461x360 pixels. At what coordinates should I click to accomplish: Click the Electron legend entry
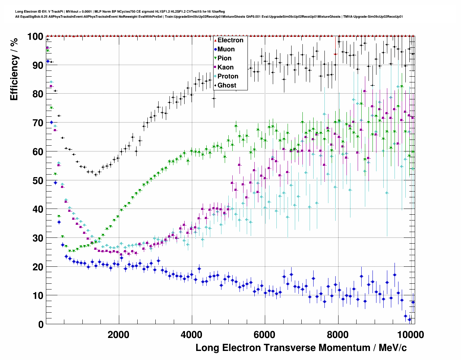pos(230,40)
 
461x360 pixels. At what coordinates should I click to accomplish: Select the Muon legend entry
pos(226,49)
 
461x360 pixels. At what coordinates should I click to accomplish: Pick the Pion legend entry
pos(224,58)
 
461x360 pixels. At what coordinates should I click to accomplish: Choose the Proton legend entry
pos(228,76)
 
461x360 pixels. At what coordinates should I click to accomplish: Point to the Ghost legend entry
pos(227,85)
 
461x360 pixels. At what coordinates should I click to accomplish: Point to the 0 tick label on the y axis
pos(41,324)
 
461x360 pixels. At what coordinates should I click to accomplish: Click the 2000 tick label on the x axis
pos(119,334)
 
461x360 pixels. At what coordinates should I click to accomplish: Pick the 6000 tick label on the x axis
pos(265,334)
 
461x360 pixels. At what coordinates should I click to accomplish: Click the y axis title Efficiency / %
pos(14,69)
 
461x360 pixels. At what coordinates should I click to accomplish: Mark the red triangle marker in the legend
pos(215,40)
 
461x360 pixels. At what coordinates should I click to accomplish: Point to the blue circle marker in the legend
pos(215,49)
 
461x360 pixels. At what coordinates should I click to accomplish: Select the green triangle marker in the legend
pos(215,58)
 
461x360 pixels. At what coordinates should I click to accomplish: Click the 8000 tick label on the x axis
pos(338,334)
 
